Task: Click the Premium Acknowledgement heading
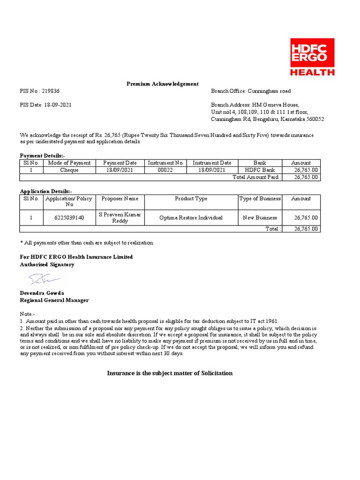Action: [163, 84]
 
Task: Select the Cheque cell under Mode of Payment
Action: [69, 170]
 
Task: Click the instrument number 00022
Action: [165, 170]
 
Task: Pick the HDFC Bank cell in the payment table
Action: [260, 170]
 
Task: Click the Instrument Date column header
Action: [212, 163]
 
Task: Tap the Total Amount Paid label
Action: [257, 177]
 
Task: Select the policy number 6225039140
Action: [69, 217]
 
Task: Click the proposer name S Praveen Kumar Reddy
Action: [120, 217]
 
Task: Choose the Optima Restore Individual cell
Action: [191, 217]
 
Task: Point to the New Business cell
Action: [260, 217]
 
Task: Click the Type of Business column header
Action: [260, 199]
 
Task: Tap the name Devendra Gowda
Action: [42, 293]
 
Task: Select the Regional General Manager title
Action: [54, 300]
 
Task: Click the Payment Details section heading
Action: [43, 156]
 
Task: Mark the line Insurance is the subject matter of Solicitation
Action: [170, 373]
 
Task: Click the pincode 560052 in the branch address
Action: [314, 119]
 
